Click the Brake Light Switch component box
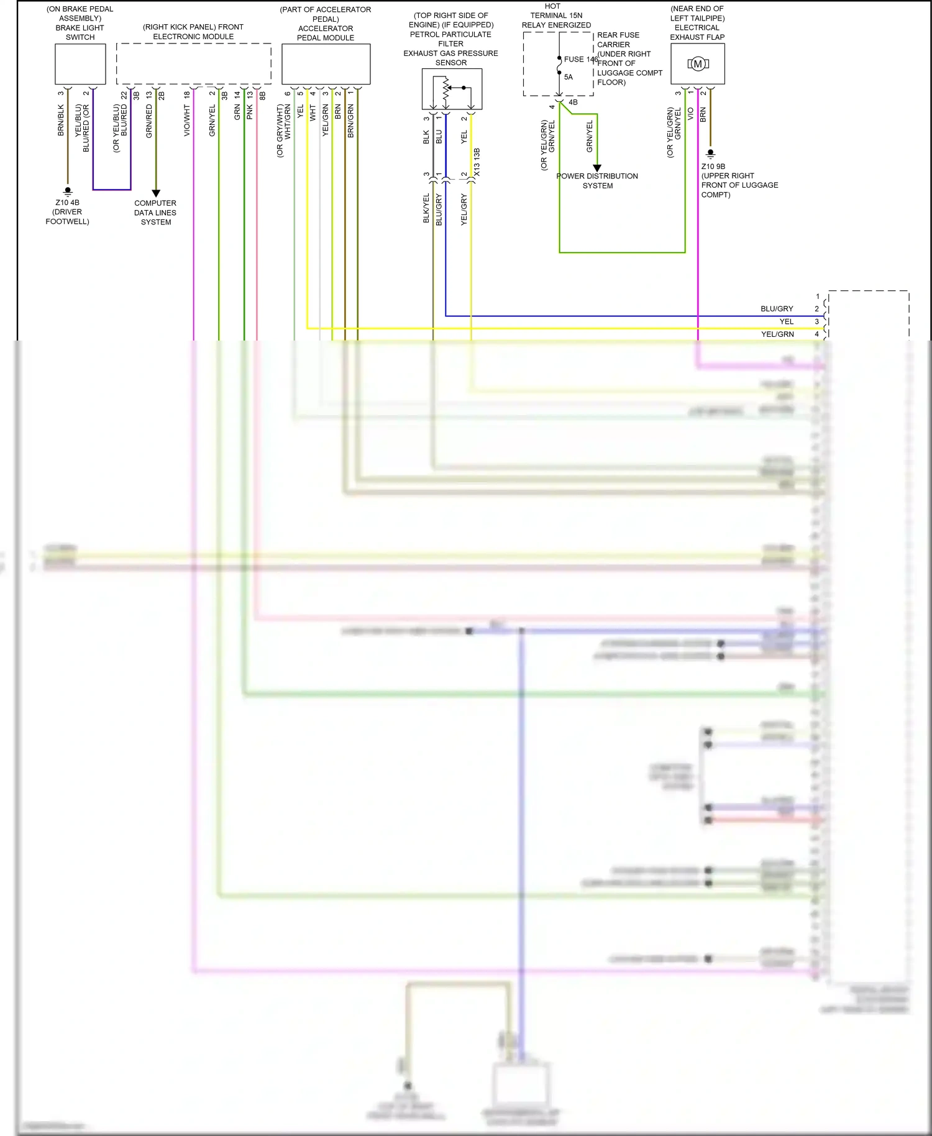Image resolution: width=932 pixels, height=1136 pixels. coord(80,64)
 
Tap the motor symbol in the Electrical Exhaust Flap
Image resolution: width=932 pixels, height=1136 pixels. coord(698,64)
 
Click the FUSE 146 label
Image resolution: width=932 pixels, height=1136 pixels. coord(580,60)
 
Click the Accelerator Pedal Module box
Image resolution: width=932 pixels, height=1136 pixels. coord(326,64)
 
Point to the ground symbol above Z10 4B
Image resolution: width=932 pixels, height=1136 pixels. coord(68,191)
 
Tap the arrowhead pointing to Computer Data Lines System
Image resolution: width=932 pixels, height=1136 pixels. coord(156,193)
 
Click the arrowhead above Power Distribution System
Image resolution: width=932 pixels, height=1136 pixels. coord(597,168)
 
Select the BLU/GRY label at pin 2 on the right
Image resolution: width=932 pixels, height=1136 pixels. coord(777,309)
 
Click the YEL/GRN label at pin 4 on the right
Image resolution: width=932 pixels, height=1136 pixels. coord(777,334)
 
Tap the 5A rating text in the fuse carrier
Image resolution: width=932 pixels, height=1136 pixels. coord(569,77)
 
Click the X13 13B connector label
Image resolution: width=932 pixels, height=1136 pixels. coord(477,162)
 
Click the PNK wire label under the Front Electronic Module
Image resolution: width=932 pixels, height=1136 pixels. coord(250,112)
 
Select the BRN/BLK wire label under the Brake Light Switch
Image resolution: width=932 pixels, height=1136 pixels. coord(61,120)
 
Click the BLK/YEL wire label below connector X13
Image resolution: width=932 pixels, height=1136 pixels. coord(426,208)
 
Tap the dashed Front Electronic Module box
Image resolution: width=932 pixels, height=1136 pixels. coord(193,63)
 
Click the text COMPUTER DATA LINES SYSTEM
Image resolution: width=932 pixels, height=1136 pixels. coord(155,213)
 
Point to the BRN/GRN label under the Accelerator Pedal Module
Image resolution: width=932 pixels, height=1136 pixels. coord(351,121)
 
